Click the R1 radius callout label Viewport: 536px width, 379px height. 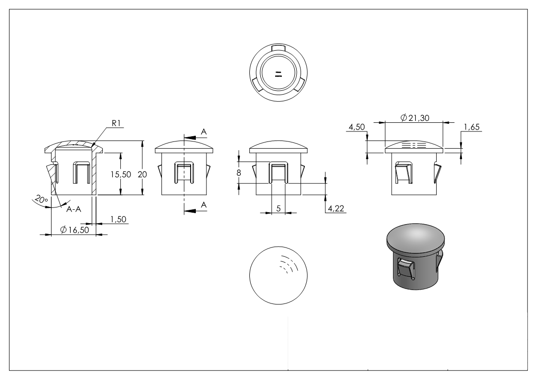pos(117,123)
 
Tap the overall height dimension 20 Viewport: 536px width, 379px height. pos(142,174)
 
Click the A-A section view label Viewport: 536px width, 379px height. pos(73,209)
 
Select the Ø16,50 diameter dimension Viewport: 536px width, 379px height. pos(74,230)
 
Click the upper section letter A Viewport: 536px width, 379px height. pos(204,131)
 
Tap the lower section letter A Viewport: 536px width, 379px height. pos(204,205)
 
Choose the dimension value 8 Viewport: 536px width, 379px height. pos(239,173)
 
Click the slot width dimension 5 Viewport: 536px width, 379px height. pos(279,208)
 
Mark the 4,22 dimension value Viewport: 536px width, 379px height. pos(335,208)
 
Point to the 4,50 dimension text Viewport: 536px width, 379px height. pos(357,127)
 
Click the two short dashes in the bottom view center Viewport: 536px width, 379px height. pos(279,74)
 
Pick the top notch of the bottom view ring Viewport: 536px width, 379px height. pos(278,48)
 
